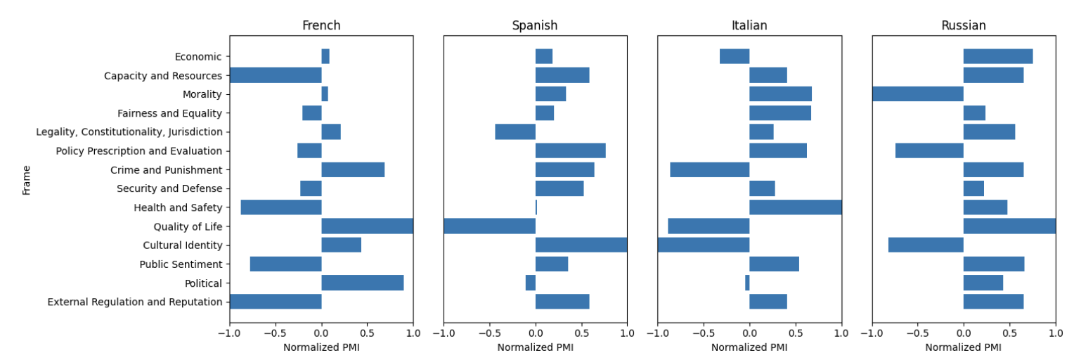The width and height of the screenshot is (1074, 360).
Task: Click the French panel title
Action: (321, 25)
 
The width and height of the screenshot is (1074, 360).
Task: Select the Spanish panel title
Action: (535, 25)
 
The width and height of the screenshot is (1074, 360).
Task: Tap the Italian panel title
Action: (749, 25)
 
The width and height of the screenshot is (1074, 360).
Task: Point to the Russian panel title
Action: (964, 25)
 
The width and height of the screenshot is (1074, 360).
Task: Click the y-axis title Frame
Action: (27, 179)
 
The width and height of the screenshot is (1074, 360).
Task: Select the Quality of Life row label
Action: (188, 226)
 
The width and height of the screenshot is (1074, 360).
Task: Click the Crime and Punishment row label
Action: (166, 170)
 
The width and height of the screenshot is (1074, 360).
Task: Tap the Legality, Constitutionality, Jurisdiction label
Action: (129, 132)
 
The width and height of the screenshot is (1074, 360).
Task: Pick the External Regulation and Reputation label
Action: (135, 302)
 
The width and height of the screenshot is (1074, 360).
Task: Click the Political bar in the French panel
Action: (363, 283)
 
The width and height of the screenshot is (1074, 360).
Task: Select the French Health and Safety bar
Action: (281, 207)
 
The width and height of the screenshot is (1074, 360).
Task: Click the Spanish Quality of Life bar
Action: (490, 226)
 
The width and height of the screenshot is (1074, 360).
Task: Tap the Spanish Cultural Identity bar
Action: (581, 245)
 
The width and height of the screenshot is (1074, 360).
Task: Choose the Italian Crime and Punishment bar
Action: (710, 170)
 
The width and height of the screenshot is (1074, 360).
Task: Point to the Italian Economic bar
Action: (735, 56)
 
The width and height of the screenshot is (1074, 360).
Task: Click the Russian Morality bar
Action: (918, 94)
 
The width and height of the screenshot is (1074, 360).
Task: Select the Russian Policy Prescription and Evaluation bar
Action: (929, 151)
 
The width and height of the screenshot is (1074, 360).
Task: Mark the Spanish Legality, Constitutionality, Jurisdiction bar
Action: (515, 132)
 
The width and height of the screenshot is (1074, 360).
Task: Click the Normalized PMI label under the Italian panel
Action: (749, 347)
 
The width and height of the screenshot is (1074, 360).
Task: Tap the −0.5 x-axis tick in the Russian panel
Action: (917, 334)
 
